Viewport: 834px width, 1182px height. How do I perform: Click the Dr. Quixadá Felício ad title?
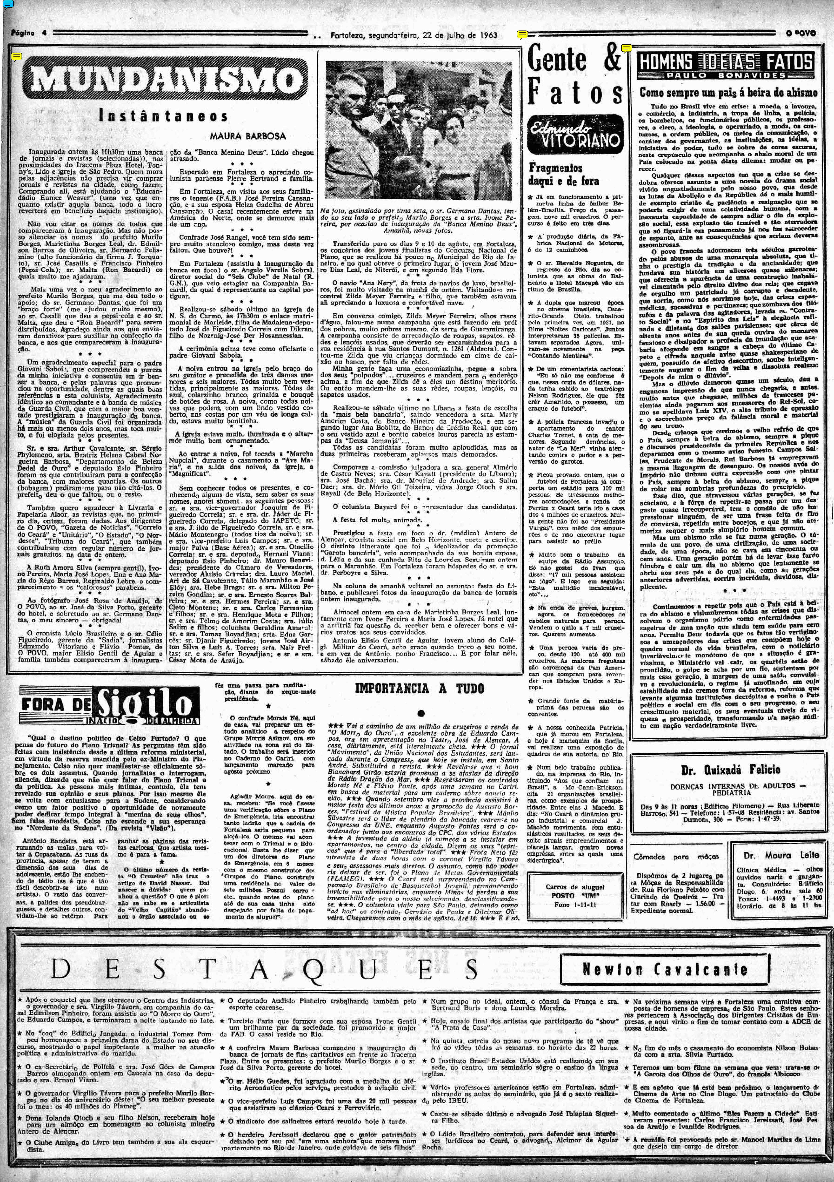(x=731, y=770)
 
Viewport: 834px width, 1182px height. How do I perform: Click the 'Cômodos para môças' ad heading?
(x=676, y=857)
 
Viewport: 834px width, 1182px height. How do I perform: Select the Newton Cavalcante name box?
(x=664, y=969)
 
